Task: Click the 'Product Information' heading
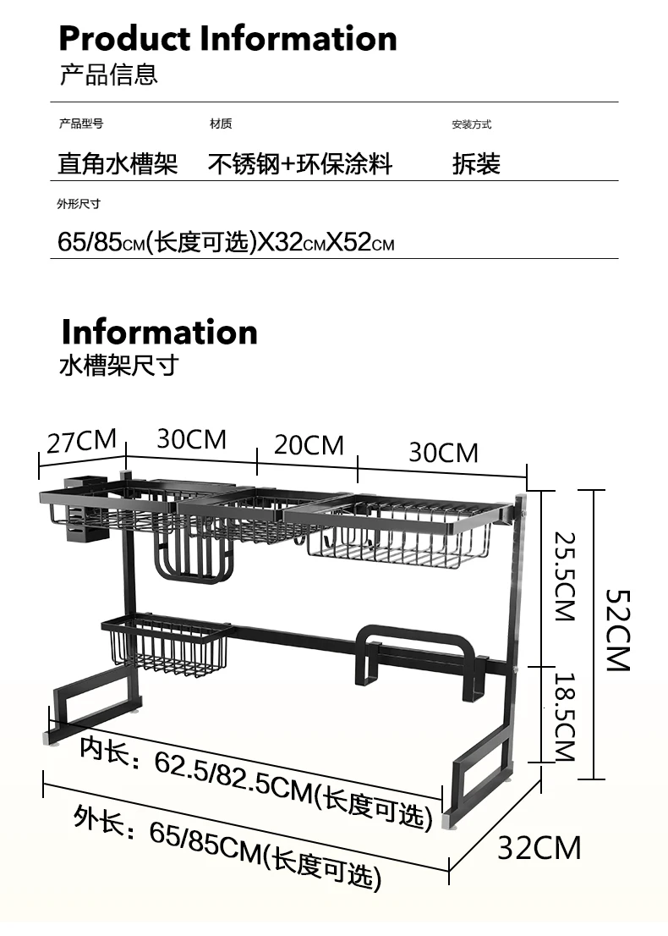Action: coord(227,39)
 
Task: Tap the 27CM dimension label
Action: coord(82,441)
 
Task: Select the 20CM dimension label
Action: coord(309,445)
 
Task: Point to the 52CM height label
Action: coord(618,630)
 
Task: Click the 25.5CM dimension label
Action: coord(564,576)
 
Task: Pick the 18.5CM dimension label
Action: coord(564,717)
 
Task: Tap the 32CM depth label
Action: coord(539,848)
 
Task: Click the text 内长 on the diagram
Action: coord(105,750)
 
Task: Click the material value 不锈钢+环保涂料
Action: coord(300,164)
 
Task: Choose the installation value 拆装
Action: coord(476,164)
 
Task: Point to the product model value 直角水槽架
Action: coord(118,164)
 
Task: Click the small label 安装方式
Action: coord(471,124)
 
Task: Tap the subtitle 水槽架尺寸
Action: coord(118,366)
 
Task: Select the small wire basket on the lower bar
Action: coord(167,646)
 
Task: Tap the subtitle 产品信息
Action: coord(108,74)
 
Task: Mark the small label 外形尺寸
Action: coord(79,204)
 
